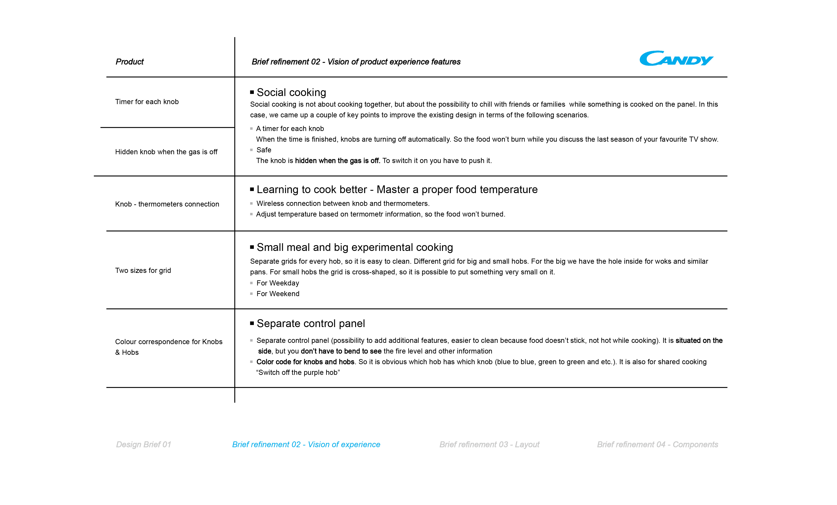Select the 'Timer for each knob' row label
147,102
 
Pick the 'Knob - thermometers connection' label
167,204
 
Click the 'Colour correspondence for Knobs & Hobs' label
169,347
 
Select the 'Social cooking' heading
291,92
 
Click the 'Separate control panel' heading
311,323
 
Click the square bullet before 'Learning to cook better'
252,189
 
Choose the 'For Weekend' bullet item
278,294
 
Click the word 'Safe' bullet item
264,150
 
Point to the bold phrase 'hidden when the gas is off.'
337,161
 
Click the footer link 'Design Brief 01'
143,444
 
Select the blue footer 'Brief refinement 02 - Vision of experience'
306,444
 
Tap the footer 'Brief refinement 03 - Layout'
489,444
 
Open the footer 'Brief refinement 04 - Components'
657,444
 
